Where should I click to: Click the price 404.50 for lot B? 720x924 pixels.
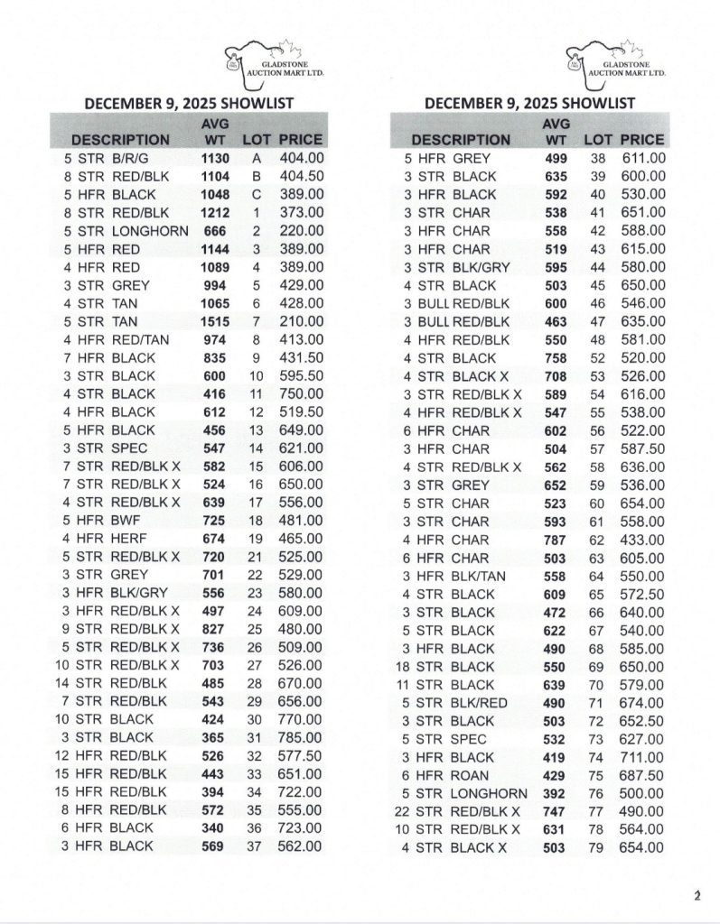click(301, 176)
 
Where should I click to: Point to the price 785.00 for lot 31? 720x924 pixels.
click(301, 737)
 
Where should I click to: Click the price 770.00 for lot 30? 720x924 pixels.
click(301, 719)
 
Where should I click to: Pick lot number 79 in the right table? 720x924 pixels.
click(597, 847)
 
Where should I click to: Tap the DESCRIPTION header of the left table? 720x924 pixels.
click(120, 140)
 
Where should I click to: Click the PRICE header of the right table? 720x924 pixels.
click(641, 140)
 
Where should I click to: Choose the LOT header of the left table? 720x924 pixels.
click(257, 140)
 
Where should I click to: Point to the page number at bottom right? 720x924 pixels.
click(697, 895)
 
